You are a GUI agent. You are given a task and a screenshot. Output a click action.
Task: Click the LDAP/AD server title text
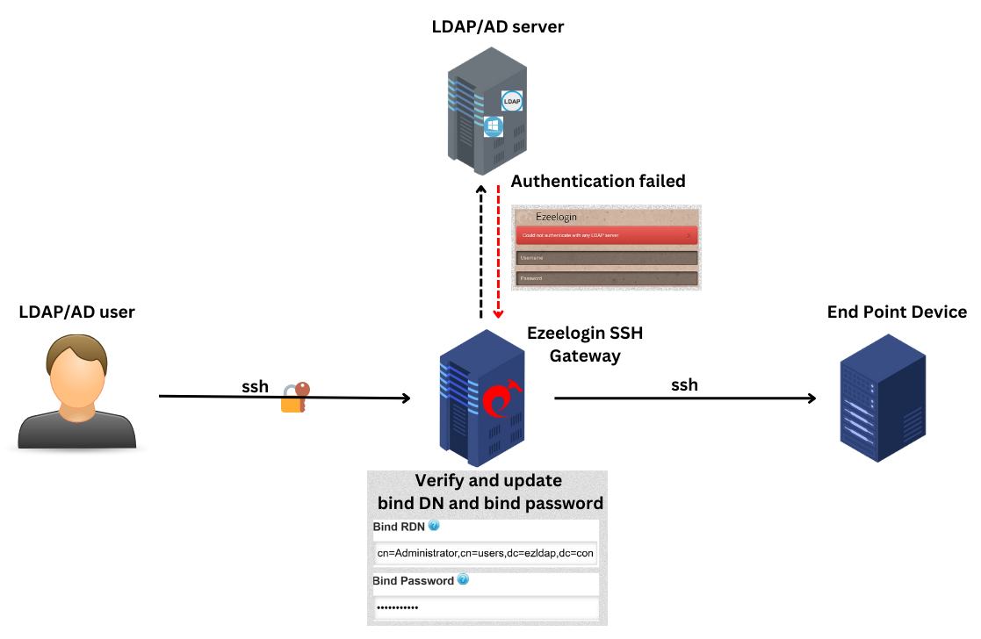[x=497, y=27]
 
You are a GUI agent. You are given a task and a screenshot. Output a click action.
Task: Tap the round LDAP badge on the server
[x=512, y=101]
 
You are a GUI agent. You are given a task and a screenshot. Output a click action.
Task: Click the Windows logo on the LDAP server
[x=493, y=126]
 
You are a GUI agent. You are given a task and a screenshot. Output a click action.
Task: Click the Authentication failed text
[x=597, y=182]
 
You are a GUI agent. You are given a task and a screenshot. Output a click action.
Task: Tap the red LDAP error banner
[x=606, y=235]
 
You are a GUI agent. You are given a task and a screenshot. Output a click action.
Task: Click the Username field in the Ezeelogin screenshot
[x=606, y=258]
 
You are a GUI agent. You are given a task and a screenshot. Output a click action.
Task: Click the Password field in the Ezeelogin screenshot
[x=606, y=278]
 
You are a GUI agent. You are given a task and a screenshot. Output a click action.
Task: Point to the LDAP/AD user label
[x=77, y=312]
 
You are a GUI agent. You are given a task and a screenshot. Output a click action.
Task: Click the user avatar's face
[x=77, y=373]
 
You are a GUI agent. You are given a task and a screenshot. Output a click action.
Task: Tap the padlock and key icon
[x=294, y=397]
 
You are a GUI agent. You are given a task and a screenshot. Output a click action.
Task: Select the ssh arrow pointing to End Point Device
[x=685, y=398]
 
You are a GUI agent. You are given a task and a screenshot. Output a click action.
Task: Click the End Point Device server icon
[x=882, y=399]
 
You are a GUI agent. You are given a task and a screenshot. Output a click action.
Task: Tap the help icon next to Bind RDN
[x=433, y=527]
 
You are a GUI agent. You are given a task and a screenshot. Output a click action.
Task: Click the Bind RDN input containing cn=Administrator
[x=486, y=554]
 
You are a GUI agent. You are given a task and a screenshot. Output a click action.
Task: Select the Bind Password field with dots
[x=486, y=608]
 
